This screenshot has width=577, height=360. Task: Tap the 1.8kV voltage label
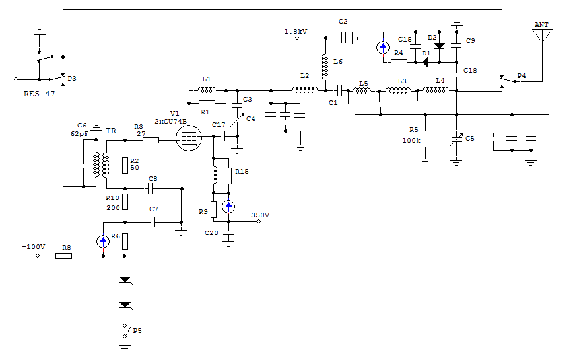pos(295,32)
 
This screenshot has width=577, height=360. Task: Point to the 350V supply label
pos(260,215)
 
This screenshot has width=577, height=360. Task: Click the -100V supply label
pos(33,247)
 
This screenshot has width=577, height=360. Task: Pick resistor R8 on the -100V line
pos(64,255)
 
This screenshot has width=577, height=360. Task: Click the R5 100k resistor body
pos(425,139)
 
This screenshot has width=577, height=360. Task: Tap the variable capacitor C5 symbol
pos(456,140)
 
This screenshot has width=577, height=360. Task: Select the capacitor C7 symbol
pos(153,222)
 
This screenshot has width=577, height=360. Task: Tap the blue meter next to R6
pos(103,242)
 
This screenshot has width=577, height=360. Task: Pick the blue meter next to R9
pos(228,206)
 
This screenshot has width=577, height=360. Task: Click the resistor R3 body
pos(151,139)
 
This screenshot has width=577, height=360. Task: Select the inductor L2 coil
pos(304,89)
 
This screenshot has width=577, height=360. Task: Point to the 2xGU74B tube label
pos(170,122)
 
